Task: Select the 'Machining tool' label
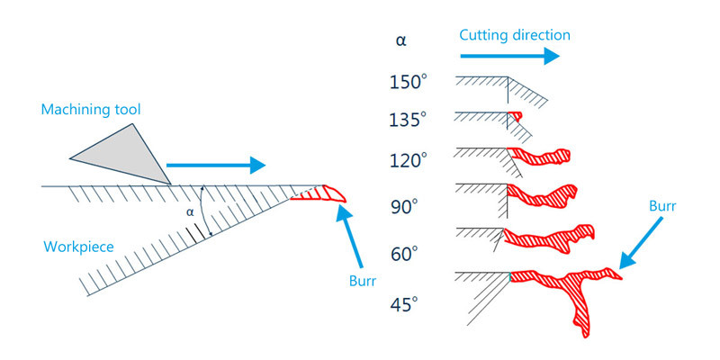click(91, 110)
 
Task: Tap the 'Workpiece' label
click(78, 247)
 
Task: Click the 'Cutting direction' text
click(515, 35)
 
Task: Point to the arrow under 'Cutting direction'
click(509, 56)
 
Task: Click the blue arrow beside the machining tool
click(216, 165)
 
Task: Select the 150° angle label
click(409, 83)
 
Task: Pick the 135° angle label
click(409, 121)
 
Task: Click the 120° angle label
click(409, 161)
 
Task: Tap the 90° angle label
click(403, 208)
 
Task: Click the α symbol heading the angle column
click(400, 41)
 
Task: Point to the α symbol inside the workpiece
click(190, 212)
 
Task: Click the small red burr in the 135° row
click(515, 116)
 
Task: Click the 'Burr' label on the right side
click(662, 206)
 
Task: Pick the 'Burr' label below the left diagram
click(363, 281)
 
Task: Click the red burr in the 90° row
click(541, 195)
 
